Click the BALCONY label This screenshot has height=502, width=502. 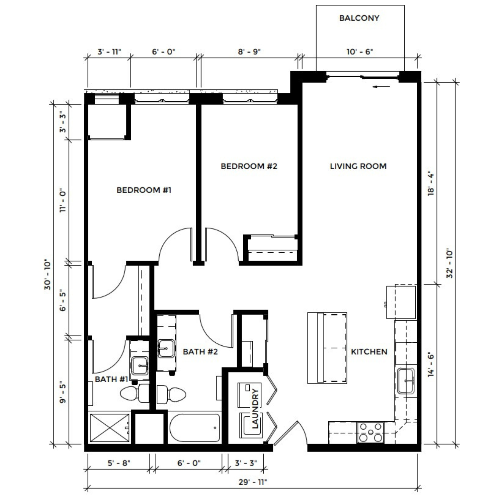click(359, 18)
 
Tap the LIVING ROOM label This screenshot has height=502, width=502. click(358, 166)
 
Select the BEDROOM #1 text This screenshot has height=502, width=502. click(144, 190)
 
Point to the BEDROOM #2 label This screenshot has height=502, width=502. click(249, 166)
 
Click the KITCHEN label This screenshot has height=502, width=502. click(369, 352)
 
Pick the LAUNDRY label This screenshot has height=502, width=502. click(255, 408)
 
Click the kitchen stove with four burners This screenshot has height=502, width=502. click(370, 432)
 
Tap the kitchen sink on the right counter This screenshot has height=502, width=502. click(406, 381)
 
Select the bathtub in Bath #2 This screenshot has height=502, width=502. click(195, 428)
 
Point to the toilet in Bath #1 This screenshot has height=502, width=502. click(135, 394)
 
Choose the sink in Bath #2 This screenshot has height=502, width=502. click(166, 348)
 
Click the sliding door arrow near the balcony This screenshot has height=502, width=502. click(382, 87)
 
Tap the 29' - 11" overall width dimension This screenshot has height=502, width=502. click(253, 482)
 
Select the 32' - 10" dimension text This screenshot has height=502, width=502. click(449, 263)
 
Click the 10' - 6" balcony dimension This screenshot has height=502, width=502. click(360, 52)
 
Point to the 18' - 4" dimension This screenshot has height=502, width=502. click(431, 184)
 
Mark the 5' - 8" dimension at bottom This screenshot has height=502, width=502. click(119, 463)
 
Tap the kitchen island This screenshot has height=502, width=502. click(327, 348)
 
